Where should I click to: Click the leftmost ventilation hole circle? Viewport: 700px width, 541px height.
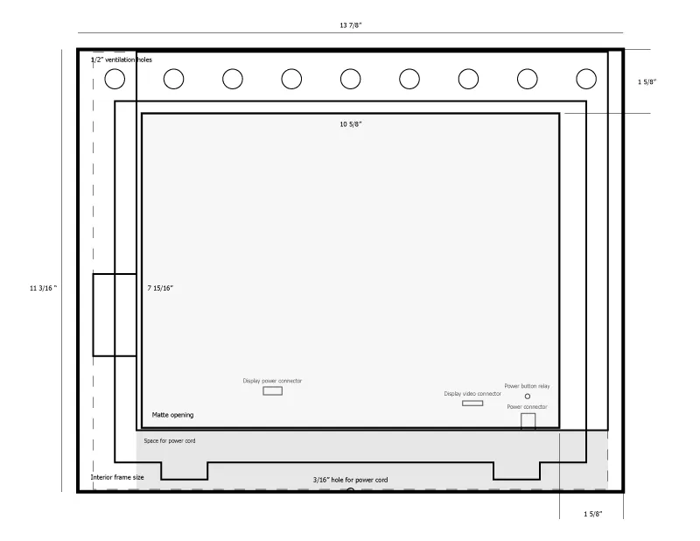(115, 79)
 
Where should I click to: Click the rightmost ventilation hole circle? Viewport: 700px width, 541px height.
(585, 79)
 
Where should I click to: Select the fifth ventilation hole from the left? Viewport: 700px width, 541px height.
(350, 79)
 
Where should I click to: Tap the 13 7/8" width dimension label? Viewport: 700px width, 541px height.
(350, 25)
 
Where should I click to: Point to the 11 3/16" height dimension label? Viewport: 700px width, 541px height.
(43, 287)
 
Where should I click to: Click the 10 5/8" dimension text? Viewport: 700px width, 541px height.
(350, 124)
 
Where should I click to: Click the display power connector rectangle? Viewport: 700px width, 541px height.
(273, 391)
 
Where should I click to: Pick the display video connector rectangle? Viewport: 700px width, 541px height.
(472, 403)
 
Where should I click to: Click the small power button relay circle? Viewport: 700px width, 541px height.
(527, 397)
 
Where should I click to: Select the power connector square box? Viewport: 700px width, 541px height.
(528, 421)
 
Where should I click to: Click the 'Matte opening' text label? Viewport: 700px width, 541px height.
(172, 415)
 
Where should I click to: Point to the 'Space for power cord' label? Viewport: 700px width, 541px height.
(170, 441)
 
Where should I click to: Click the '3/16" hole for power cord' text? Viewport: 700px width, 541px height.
(350, 481)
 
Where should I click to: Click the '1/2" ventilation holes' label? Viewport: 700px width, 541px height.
(122, 60)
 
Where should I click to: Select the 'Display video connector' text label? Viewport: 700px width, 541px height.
(472, 394)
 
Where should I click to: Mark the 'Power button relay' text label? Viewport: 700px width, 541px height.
(527, 386)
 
